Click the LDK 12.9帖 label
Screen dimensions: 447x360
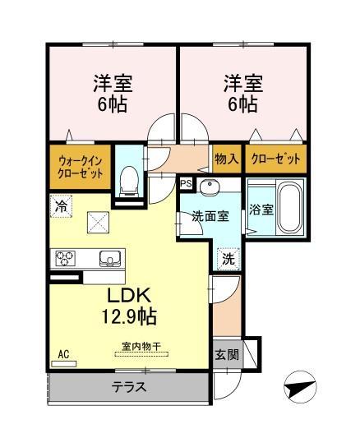130,306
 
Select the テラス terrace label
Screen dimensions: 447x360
129,387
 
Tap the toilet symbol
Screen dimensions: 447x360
129,179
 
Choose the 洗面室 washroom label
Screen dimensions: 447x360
210,217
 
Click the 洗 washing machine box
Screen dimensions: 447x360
228,256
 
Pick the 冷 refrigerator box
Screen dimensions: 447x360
62,205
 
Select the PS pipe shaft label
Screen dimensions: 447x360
187,184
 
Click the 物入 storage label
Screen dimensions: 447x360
227,159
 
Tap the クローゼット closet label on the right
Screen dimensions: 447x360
275,159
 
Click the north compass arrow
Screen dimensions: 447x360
302,384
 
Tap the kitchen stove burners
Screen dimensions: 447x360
66,259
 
